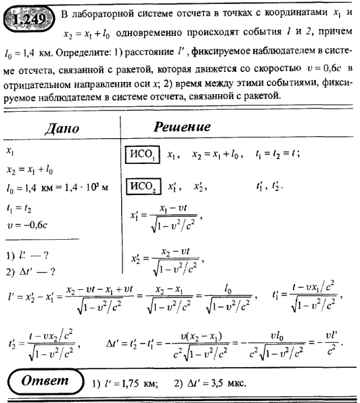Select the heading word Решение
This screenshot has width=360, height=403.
click(183, 128)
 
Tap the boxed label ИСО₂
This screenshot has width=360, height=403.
click(143, 186)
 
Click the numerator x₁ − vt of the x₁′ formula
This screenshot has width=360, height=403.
click(173, 211)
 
